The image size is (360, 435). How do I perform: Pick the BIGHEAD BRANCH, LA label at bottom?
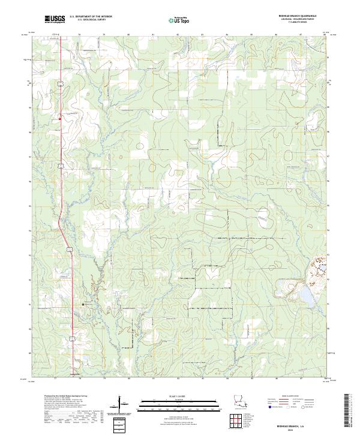(300, 423)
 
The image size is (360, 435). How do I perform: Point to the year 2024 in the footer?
(300, 427)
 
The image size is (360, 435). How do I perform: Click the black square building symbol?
(83, 304)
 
